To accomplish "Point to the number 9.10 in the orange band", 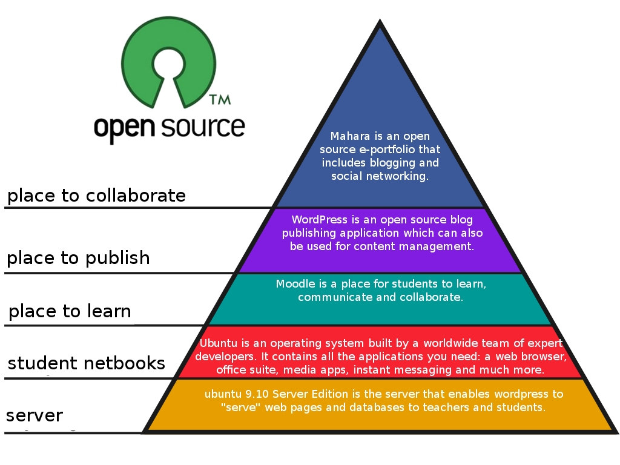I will (251, 394).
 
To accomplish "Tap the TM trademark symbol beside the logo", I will (219, 99).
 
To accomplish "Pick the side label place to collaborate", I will (96, 196).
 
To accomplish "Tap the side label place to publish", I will (78, 258).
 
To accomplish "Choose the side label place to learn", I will (70, 311).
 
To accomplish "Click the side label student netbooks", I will (86, 363).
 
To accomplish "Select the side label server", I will (35, 416).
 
